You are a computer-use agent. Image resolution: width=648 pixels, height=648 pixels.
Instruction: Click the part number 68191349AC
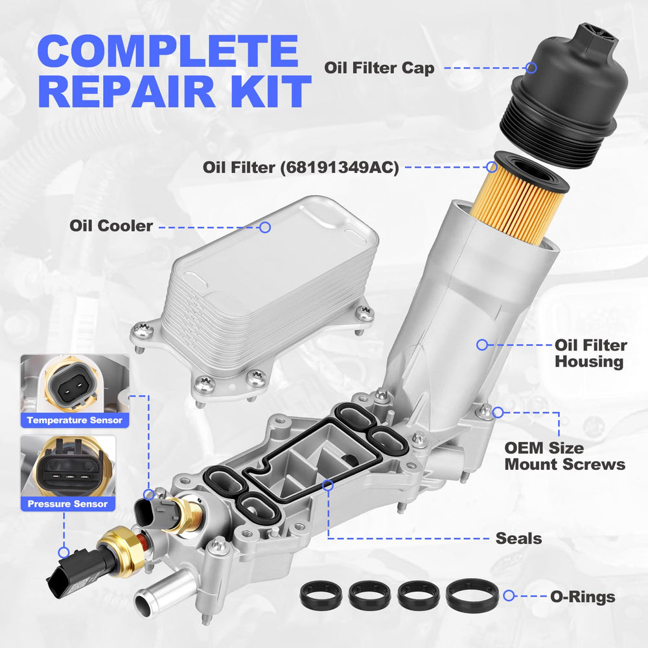coord(340,167)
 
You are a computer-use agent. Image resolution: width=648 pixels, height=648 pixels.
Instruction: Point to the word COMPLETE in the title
coord(168,51)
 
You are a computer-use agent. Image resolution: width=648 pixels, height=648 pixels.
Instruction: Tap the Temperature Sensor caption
coord(75,421)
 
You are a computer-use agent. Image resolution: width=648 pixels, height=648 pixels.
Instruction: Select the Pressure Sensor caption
coord(67,503)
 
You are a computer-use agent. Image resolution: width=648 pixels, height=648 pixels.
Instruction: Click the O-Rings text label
coord(583,597)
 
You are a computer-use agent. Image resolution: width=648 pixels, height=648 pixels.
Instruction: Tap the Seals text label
coord(518,538)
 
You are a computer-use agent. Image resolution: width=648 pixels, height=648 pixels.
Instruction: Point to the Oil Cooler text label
coord(111,226)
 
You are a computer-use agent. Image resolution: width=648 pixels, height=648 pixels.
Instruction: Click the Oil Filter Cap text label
coord(379,68)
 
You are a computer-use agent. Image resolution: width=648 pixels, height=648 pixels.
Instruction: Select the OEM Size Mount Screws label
coord(564,456)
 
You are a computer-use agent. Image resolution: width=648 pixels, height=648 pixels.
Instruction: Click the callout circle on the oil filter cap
coord(531,68)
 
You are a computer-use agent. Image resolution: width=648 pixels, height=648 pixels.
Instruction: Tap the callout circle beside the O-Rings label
coord(509,596)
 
